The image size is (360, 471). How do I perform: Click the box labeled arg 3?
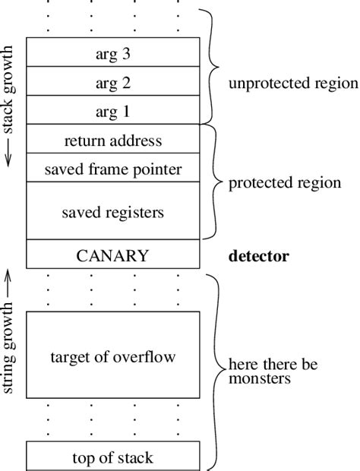(113, 53)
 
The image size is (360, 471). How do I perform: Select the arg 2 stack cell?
(113, 82)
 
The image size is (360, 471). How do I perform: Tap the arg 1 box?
(113, 111)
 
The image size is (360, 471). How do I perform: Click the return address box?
(113, 140)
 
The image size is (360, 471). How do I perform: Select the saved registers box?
(113, 211)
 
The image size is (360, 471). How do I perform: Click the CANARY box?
(113, 254)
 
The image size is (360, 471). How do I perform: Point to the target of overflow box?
(113, 356)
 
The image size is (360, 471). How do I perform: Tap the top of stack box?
(113, 457)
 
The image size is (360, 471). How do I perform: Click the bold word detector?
(259, 256)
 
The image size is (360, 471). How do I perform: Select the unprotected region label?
(292, 83)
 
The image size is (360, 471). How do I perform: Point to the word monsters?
(258, 377)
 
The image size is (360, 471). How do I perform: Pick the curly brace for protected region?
(214, 182)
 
